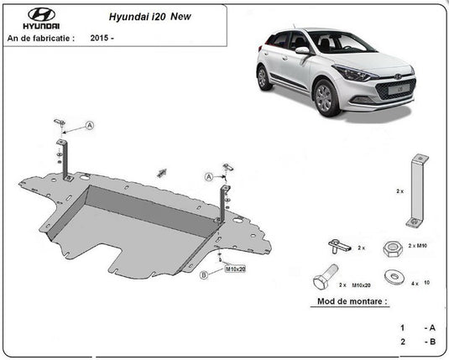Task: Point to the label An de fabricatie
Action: (40, 38)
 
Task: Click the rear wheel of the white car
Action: (267, 77)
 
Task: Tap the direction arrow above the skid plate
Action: (160, 171)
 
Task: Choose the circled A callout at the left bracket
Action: (90, 126)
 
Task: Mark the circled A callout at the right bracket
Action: (206, 177)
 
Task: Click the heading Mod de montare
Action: (352, 300)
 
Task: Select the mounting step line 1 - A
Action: (417, 327)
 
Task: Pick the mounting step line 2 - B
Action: (417, 342)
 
